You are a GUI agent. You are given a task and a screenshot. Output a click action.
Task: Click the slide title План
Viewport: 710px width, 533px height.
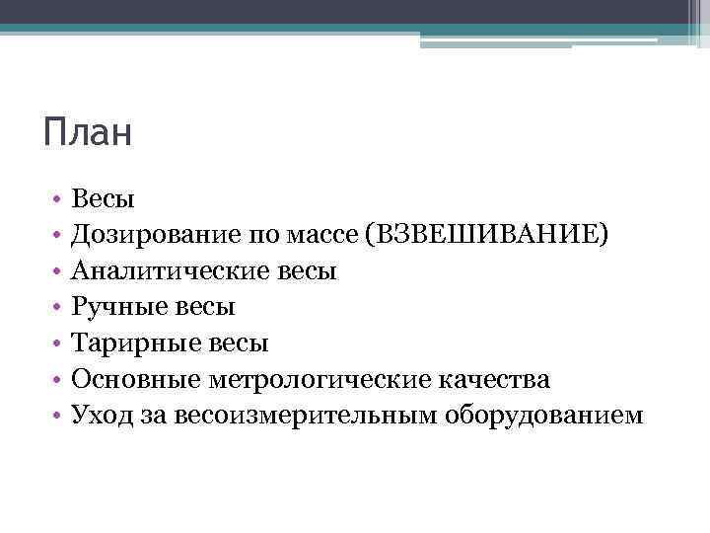[x=87, y=132]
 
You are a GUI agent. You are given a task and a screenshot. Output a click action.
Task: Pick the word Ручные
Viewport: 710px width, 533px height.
[x=113, y=307]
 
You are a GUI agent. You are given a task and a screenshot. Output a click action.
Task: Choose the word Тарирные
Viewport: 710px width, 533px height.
[x=129, y=343]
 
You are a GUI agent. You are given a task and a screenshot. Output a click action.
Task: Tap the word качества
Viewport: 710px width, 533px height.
[x=496, y=379]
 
